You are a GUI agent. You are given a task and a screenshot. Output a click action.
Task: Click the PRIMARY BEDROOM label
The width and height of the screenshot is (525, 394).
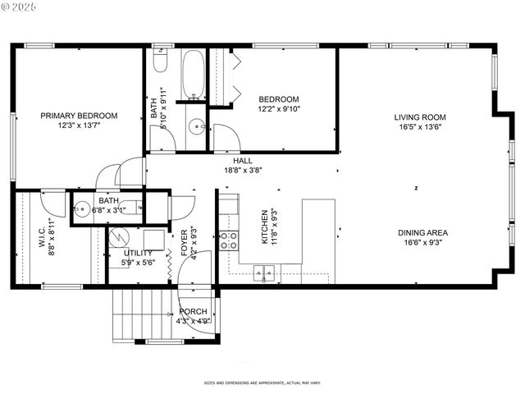click(x=79, y=116)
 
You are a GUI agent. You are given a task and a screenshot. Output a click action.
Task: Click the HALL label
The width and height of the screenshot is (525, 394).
click(x=243, y=161)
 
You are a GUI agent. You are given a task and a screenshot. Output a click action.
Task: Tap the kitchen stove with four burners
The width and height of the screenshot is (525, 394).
click(x=229, y=241)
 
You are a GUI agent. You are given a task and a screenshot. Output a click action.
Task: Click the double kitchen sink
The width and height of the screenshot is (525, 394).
click(x=264, y=272)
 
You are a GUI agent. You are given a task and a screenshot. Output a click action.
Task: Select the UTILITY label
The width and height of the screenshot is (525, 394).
click(x=138, y=253)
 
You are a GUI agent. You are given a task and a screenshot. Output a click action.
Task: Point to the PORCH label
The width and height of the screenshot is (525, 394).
click(x=194, y=312)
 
